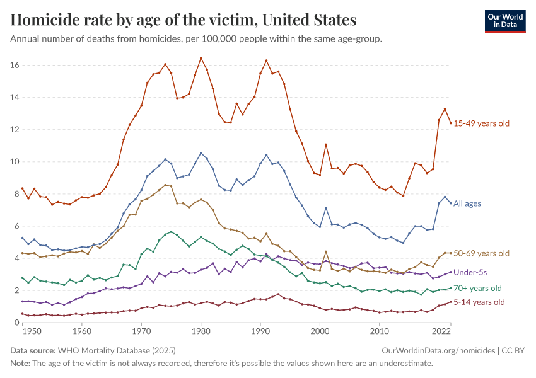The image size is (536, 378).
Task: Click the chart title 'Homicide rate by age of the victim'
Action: click(x=184, y=20)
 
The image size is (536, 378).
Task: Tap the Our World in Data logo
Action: click(x=504, y=20)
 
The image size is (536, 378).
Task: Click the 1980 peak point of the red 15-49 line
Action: click(x=201, y=58)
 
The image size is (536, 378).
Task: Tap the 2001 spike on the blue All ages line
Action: click(x=326, y=208)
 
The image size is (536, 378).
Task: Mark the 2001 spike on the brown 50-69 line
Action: click(x=326, y=252)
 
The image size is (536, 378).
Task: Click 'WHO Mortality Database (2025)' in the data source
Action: click(x=117, y=350)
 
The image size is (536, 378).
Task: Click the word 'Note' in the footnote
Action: click(x=20, y=364)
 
